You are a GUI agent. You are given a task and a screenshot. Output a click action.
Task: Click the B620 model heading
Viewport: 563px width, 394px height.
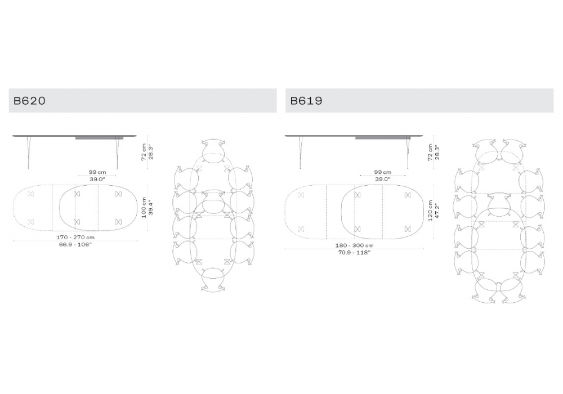29,101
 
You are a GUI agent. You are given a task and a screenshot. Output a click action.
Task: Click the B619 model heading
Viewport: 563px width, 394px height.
306,101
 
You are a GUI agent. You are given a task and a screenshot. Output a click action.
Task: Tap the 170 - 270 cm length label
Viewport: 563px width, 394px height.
75,237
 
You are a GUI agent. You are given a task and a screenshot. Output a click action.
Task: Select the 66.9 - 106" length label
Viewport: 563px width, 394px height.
75,244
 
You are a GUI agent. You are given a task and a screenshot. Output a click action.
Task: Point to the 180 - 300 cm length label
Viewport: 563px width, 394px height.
354,245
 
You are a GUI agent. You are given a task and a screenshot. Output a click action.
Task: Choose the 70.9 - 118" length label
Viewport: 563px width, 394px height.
354,253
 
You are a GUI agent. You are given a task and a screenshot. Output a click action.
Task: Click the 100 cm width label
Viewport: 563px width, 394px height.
144,208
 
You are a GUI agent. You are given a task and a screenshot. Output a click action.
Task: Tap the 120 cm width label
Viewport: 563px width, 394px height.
430,211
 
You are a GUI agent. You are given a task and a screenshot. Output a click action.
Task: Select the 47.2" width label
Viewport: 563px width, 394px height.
437,211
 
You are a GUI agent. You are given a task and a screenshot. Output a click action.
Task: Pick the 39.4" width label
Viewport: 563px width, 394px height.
151,208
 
